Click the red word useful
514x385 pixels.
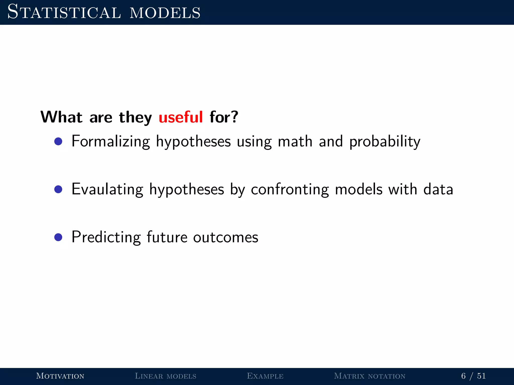(180, 117)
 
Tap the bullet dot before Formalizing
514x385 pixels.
(58, 141)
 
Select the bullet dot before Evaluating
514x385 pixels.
(58, 189)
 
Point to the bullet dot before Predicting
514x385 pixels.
(58, 237)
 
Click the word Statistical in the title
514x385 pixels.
(64, 12)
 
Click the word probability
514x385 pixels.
(385, 142)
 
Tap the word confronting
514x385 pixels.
(290, 189)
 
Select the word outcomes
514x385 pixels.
(225, 237)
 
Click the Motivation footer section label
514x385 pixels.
(60, 376)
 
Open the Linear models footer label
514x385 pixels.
(165, 376)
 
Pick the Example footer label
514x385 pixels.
(265, 376)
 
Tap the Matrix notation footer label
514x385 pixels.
(369, 376)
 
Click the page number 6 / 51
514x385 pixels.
(473, 376)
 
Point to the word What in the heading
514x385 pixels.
(61, 117)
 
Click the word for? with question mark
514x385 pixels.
(224, 117)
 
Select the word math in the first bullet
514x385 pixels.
(295, 141)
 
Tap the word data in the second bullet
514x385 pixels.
(438, 189)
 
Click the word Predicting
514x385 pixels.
(106, 237)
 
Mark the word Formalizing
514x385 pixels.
(111, 141)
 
